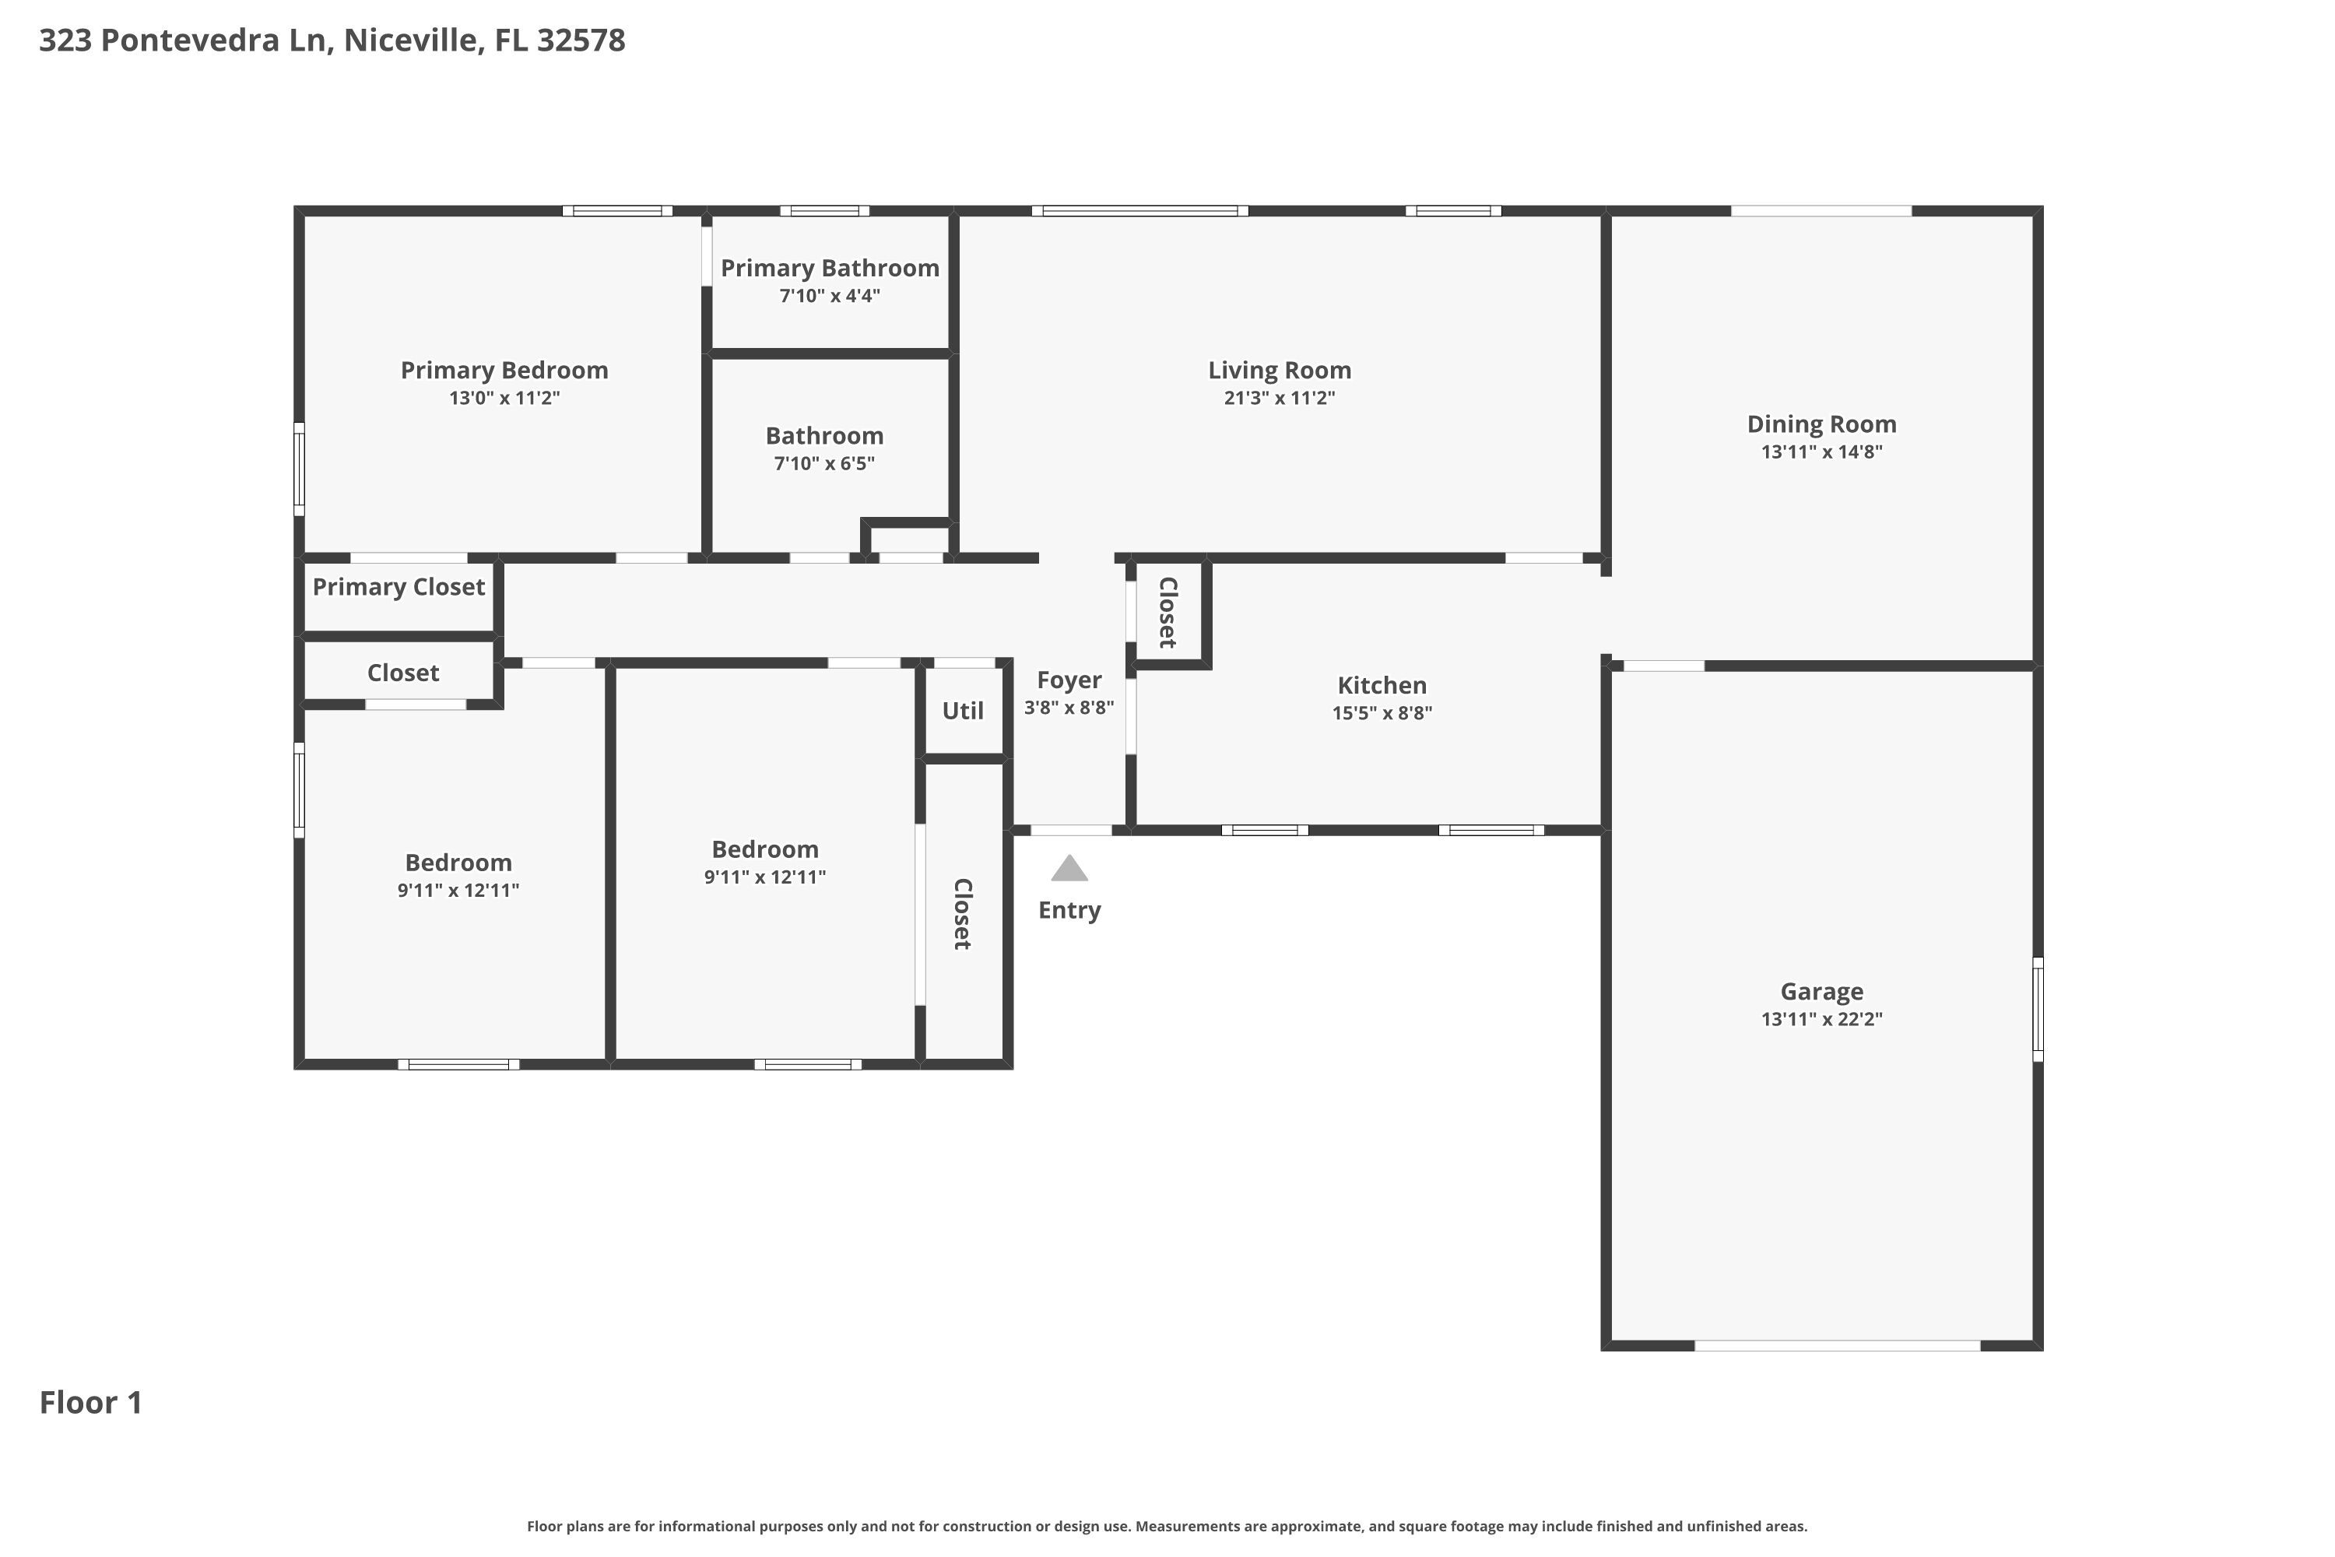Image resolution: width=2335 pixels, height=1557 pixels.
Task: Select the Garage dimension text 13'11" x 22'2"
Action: tap(1822, 1019)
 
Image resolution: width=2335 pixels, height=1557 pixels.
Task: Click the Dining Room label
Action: tap(1822, 424)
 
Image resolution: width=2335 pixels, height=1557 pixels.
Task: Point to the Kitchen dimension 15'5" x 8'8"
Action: tap(1382, 713)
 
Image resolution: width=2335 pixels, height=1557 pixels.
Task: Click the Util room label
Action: tap(963, 711)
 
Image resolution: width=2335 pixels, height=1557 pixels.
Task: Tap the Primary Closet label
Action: tap(399, 587)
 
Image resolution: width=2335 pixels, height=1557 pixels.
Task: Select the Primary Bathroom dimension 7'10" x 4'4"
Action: tap(830, 296)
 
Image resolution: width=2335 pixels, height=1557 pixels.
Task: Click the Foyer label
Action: tap(1069, 680)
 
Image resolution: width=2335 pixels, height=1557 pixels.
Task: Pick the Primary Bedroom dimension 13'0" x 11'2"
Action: tap(504, 398)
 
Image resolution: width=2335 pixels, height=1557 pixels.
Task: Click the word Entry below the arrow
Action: tap(1069, 911)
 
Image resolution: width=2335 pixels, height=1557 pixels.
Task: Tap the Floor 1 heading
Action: tap(91, 1402)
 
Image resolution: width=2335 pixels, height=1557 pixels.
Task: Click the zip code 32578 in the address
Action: tap(581, 40)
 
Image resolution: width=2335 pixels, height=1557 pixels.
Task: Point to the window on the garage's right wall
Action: tap(2038, 1009)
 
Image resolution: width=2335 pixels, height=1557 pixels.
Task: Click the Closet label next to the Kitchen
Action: tap(1168, 612)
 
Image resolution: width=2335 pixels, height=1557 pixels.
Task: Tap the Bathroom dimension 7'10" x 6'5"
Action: tap(824, 464)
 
